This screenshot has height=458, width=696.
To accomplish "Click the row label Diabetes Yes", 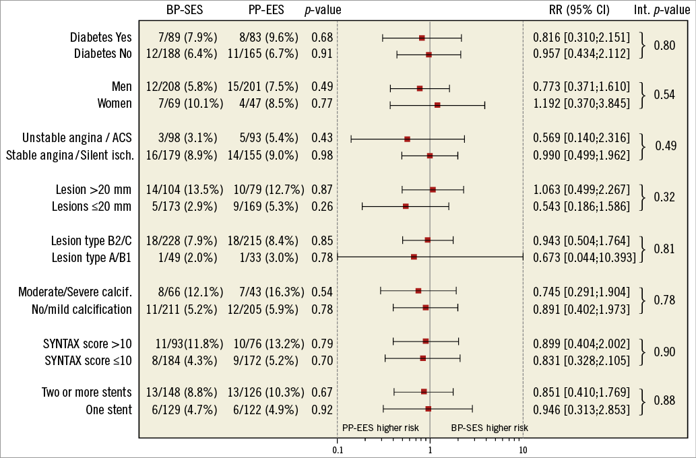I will pos(101,38).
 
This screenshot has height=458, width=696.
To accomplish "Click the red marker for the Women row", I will pos(437,104).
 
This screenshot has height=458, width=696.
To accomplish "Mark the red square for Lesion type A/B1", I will pos(414,257).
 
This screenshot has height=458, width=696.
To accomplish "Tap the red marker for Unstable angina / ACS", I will pos(407,139).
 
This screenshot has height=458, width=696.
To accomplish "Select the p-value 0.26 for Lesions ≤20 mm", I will pos(322,206).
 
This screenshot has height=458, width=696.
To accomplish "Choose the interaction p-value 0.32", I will pos(664,197).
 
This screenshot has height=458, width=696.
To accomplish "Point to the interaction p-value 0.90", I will pos(664,350).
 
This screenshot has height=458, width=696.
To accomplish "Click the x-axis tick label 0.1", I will pos(338,449).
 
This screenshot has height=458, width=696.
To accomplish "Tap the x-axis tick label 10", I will pos(522,449).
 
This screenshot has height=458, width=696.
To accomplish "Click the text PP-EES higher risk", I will pos(380,428).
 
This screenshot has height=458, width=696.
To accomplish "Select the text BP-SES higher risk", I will pos(489,428).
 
